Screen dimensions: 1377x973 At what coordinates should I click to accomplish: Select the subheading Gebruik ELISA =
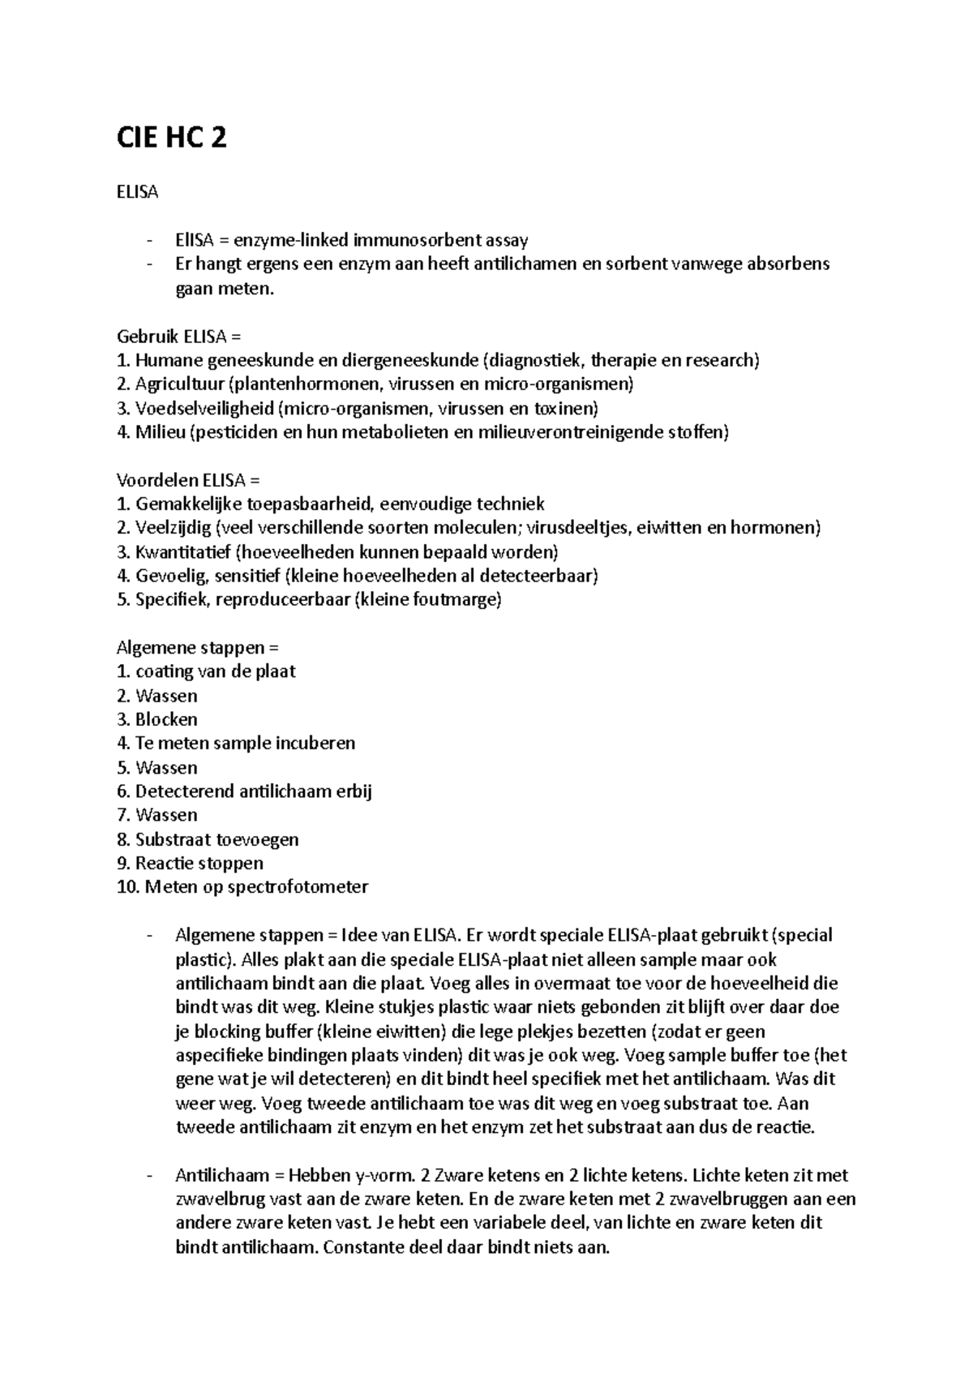click(x=179, y=336)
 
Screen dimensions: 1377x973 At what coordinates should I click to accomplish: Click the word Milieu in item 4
click(x=160, y=432)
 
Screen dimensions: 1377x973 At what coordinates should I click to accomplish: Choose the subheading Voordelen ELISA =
click(x=189, y=480)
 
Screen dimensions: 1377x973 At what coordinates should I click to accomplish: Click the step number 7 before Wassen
click(x=122, y=815)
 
